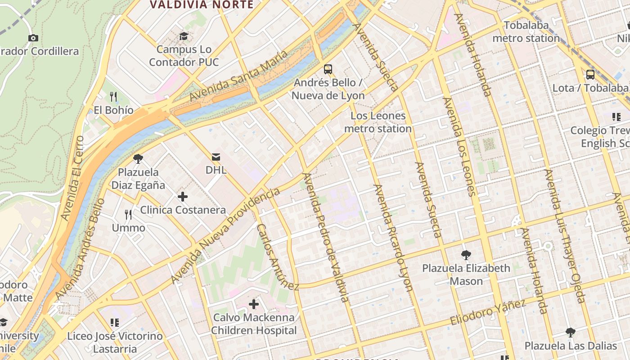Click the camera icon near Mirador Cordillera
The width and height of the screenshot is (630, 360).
click(33, 38)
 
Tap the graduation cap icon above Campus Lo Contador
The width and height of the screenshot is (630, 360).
click(184, 36)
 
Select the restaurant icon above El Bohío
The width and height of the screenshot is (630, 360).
click(113, 96)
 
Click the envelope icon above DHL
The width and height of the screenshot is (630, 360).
click(216, 157)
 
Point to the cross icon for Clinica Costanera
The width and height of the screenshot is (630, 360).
click(183, 197)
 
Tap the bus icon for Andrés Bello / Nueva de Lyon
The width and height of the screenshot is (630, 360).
click(328, 69)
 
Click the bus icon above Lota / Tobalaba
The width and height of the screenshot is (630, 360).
click(590, 75)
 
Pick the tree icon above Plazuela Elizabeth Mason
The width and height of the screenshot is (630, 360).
click(466, 255)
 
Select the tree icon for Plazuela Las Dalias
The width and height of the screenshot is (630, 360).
click(570, 333)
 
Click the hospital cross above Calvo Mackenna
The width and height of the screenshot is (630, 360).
click(254, 304)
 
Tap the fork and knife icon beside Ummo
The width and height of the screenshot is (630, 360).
click(128, 215)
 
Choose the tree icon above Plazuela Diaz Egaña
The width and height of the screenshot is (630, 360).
click(138, 159)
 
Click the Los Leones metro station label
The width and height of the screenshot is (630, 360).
click(378, 122)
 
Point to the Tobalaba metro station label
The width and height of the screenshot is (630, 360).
click(526, 32)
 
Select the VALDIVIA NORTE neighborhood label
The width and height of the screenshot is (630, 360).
click(202, 5)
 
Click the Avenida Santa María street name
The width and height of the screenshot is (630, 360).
click(238, 76)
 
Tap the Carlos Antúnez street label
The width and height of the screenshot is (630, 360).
click(277, 257)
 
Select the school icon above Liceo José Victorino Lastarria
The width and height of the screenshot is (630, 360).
click(114, 323)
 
